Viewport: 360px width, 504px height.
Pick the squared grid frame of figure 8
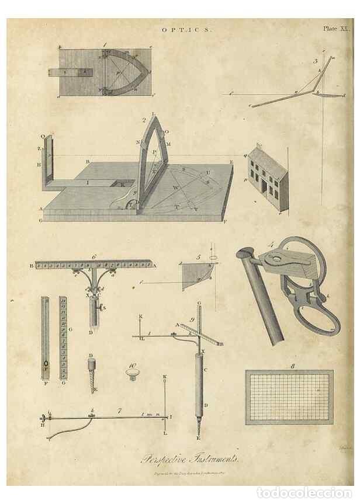tap(289, 397)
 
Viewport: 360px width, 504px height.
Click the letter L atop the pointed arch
tap(153, 114)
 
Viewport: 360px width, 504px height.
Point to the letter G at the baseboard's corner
tap(41, 220)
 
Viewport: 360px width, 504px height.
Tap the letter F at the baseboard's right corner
tap(226, 221)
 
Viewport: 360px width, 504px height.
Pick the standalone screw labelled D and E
tap(92, 371)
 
